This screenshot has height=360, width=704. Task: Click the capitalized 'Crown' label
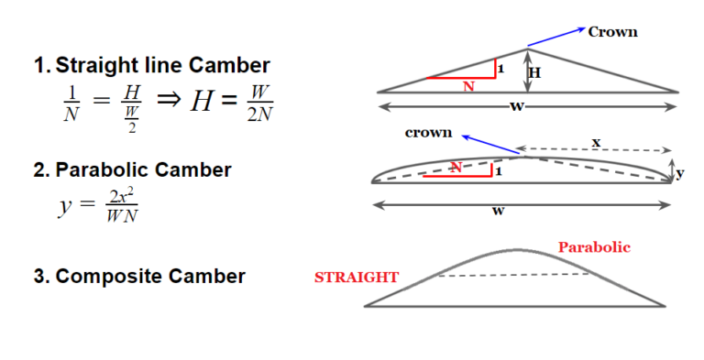[x=612, y=32]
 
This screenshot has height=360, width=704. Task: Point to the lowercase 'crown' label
[x=428, y=133]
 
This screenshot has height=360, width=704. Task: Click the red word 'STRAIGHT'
[x=357, y=277]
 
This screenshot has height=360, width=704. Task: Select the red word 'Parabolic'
[x=594, y=247]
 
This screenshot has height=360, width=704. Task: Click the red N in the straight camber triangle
[x=468, y=87]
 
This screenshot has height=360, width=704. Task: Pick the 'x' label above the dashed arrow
[x=596, y=142]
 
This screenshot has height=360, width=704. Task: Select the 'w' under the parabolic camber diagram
[x=498, y=211]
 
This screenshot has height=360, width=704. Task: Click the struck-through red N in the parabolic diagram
[x=456, y=167]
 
